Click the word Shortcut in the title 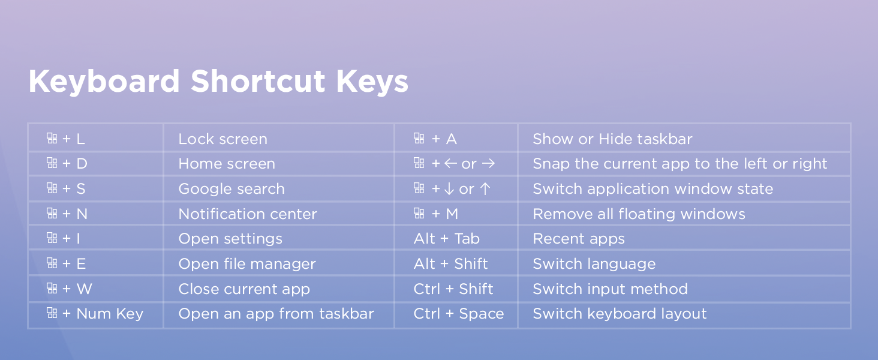click(x=258, y=82)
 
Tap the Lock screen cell click(x=222, y=139)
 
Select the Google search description click(x=231, y=189)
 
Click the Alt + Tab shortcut click(x=446, y=239)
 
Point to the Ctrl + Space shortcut click(x=458, y=314)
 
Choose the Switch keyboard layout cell click(x=620, y=314)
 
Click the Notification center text click(x=247, y=214)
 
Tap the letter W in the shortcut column click(x=84, y=289)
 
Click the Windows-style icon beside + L click(x=52, y=139)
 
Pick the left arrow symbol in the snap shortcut click(x=450, y=164)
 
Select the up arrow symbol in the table click(x=485, y=189)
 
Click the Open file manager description click(x=246, y=264)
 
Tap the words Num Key click(x=110, y=314)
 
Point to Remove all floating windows click(x=639, y=214)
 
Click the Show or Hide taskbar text click(x=612, y=139)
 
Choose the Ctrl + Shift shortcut click(x=453, y=289)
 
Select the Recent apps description click(x=578, y=239)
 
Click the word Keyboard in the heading click(x=104, y=82)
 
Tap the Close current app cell click(x=244, y=289)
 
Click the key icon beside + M click(x=419, y=214)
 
